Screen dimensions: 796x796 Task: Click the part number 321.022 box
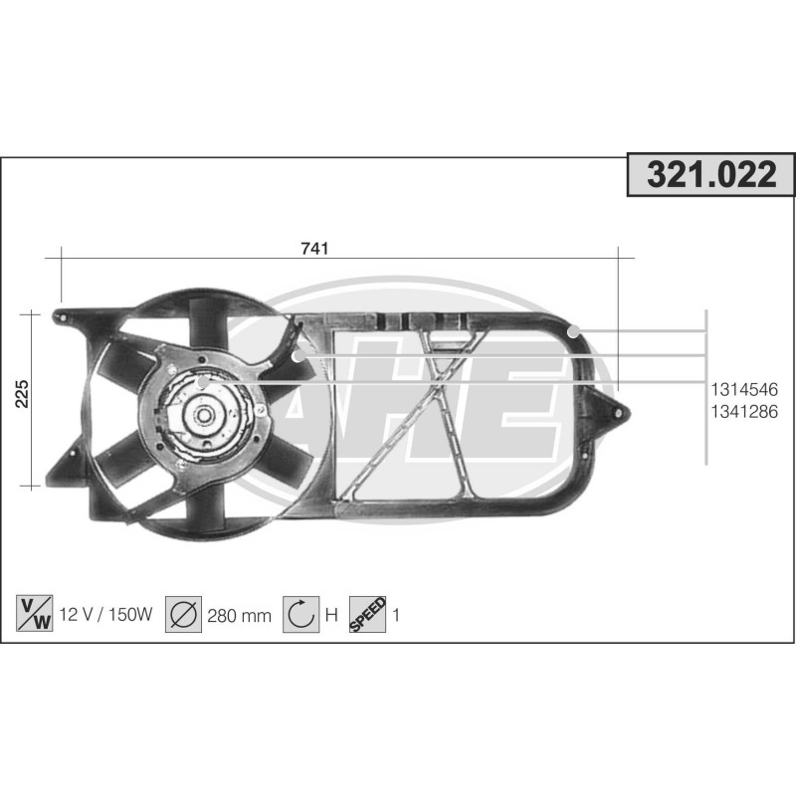click(710, 176)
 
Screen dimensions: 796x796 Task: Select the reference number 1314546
click(743, 389)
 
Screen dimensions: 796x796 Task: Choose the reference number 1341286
click(743, 410)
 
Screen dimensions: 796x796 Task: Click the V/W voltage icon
click(36, 614)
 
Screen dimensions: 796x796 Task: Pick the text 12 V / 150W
click(106, 615)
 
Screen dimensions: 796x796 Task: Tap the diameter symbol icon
click(184, 614)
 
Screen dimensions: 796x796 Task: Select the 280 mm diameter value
click(239, 615)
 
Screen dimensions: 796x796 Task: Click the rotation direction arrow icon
click(300, 614)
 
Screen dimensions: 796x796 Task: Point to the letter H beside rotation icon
click(332, 615)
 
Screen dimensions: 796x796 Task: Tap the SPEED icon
click(367, 614)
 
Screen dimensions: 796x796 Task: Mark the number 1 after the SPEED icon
click(396, 615)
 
